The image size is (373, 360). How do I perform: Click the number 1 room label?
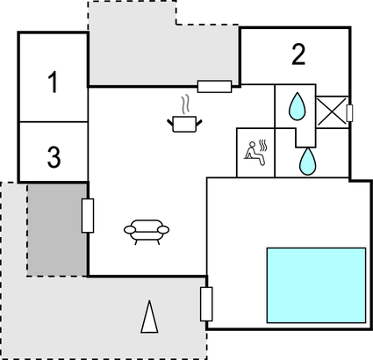pyautogui.click(x=54, y=83)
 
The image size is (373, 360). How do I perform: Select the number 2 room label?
pyautogui.click(x=298, y=54)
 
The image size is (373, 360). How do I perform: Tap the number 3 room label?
pyautogui.click(x=54, y=157)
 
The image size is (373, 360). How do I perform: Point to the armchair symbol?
pyautogui.click(x=147, y=232)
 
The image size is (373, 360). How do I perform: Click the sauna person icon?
pyautogui.click(x=255, y=153)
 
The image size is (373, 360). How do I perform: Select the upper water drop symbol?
pyautogui.click(x=298, y=106)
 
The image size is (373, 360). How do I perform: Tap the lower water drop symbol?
pyautogui.click(x=307, y=162)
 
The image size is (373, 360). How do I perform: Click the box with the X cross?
pyautogui.click(x=332, y=112)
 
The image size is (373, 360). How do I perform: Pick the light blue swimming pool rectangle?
pyautogui.click(x=316, y=285)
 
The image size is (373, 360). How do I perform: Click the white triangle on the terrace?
pyautogui.click(x=149, y=317)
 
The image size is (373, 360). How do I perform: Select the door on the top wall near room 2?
pyautogui.click(x=214, y=87)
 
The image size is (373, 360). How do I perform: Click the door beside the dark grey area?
pyautogui.click(x=88, y=216)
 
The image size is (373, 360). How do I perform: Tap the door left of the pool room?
pyautogui.click(x=206, y=304)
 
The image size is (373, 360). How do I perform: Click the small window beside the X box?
pyautogui.click(x=349, y=112)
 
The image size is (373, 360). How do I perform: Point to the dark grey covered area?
pyautogui.click(x=57, y=230)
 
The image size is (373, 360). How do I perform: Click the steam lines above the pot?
pyautogui.click(x=185, y=104)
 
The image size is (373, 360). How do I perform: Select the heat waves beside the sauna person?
pyautogui.click(x=263, y=144)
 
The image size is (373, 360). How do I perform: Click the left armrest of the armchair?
pyautogui.click(x=130, y=230)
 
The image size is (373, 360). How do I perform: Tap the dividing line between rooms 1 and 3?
pyautogui.click(x=54, y=121)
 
